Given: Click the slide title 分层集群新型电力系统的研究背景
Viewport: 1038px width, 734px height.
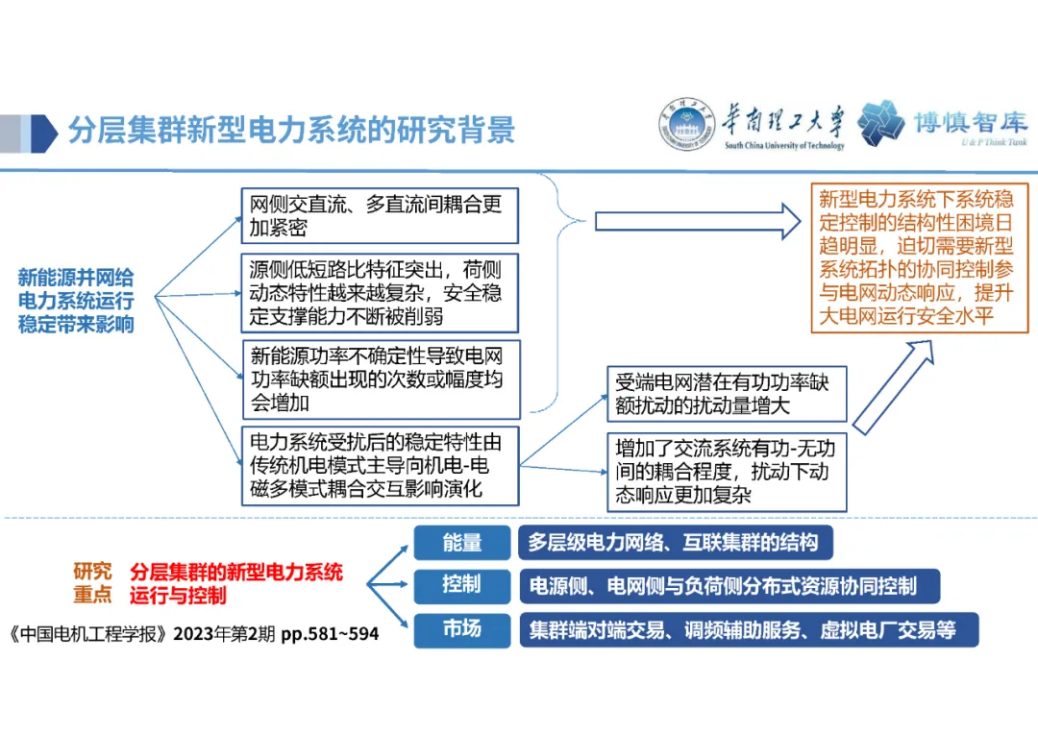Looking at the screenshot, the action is pyautogui.click(x=291, y=130).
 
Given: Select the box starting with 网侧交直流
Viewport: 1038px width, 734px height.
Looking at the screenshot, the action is pyautogui.click(x=379, y=215).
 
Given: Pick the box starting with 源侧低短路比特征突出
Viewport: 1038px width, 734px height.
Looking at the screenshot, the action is pyautogui.click(x=379, y=292).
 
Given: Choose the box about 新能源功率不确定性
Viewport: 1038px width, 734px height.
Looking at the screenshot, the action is pyautogui.click(x=379, y=377).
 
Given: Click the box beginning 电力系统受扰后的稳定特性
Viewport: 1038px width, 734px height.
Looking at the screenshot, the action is pyautogui.click(x=379, y=466).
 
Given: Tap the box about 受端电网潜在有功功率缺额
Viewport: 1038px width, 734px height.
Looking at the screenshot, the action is pyautogui.click(x=727, y=394).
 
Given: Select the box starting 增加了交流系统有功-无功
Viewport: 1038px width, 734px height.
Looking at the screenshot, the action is pyautogui.click(x=727, y=472).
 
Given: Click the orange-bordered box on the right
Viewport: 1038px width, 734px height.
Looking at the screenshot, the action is pyautogui.click(x=920, y=258).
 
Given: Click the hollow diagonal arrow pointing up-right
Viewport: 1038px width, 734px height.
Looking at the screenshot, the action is pyautogui.click(x=893, y=389).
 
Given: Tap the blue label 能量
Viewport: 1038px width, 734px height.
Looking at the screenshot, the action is pyautogui.click(x=462, y=544).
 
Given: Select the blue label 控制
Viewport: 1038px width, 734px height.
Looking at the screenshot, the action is pyautogui.click(x=462, y=585).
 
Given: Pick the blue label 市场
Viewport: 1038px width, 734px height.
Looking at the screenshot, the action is pyautogui.click(x=462, y=630).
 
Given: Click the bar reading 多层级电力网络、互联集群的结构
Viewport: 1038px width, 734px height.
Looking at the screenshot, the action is pyautogui.click(x=674, y=544).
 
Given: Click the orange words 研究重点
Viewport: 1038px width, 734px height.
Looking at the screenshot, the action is pyautogui.click(x=92, y=583).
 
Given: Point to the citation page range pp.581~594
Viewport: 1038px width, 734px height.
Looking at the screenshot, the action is pyautogui.click(x=329, y=635).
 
